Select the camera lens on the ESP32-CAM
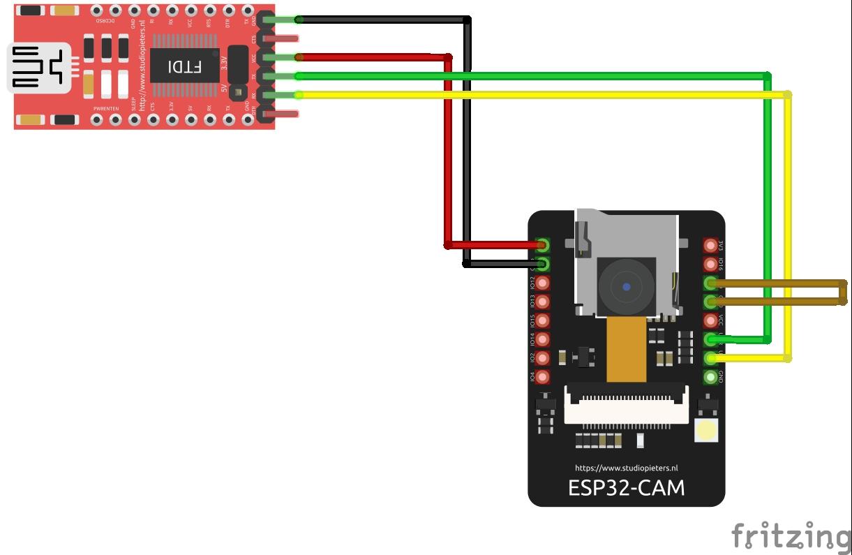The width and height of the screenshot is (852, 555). coord(627,286)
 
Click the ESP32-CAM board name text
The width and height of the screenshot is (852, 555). coord(626,487)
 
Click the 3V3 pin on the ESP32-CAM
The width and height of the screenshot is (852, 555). coord(711,246)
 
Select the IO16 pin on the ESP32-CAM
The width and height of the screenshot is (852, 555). coord(711,265)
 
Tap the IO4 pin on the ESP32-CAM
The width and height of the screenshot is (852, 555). coord(542,377)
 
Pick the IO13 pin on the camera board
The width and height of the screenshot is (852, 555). coord(542,302)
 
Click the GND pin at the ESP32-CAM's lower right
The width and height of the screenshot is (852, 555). coord(711,377)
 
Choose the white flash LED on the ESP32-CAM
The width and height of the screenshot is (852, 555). coord(707,431)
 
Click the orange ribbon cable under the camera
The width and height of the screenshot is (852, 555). coord(626,349)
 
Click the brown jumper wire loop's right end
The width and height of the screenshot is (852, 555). coord(843,292)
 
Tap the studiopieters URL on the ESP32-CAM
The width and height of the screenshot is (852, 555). coord(626,468)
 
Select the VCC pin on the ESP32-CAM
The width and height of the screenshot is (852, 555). coord(711,320)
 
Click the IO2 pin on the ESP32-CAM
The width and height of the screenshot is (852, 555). coord(542,358)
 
